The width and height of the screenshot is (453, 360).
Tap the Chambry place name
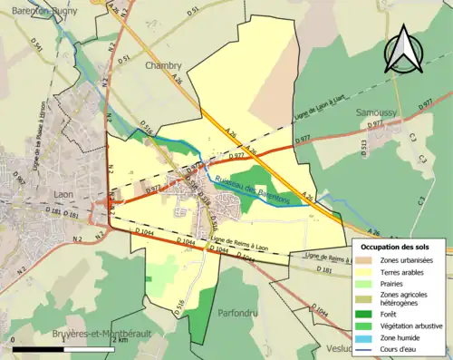pos(164,65)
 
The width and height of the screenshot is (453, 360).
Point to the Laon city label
pos(63,194)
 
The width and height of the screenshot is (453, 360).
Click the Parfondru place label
pos(240,313)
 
